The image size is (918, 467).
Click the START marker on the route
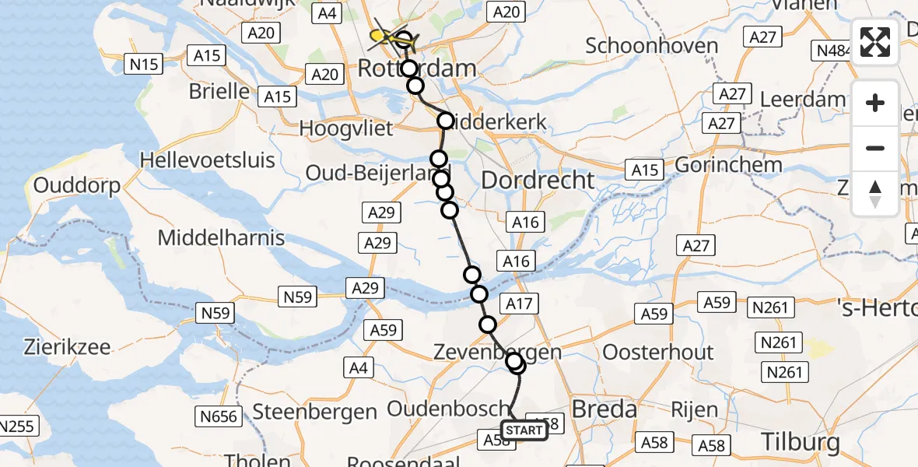[x=524, y=430]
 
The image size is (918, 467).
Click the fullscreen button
[x=875, y=42]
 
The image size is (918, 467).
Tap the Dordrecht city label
[x=538, y=181]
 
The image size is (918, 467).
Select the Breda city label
[x=604, y=409]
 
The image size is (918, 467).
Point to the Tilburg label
[x=801, y=442]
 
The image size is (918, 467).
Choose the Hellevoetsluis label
[x=208, y=160]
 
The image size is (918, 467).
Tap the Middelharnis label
[x=222, y=237]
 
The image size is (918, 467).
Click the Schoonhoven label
[x=652, y=45]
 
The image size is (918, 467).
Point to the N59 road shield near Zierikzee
[x=216, y=313]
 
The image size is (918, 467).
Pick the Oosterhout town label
[x=658, y=352]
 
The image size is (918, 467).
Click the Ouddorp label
[x=76, y=187]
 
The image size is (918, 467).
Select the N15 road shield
[x=145, y=64]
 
